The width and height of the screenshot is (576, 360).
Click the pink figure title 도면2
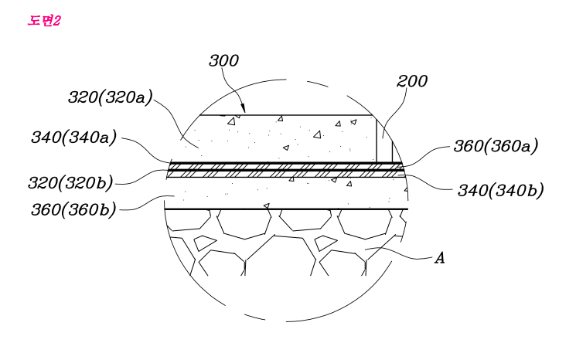point(44,21)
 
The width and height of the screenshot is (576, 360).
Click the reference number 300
point(223,60)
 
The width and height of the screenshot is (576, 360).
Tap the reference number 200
point(412,81)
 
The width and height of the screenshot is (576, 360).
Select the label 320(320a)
point(111,97)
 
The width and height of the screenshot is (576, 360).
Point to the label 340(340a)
point(74,138)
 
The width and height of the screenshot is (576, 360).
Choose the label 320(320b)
point(70,183)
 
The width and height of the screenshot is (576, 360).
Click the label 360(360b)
point(73,210)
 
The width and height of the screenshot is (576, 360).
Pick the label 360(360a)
point(496,146)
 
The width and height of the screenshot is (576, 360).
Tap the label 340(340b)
point(500,191)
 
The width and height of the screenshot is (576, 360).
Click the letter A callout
point(440,258)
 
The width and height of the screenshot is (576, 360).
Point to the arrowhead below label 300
point(243,108)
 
